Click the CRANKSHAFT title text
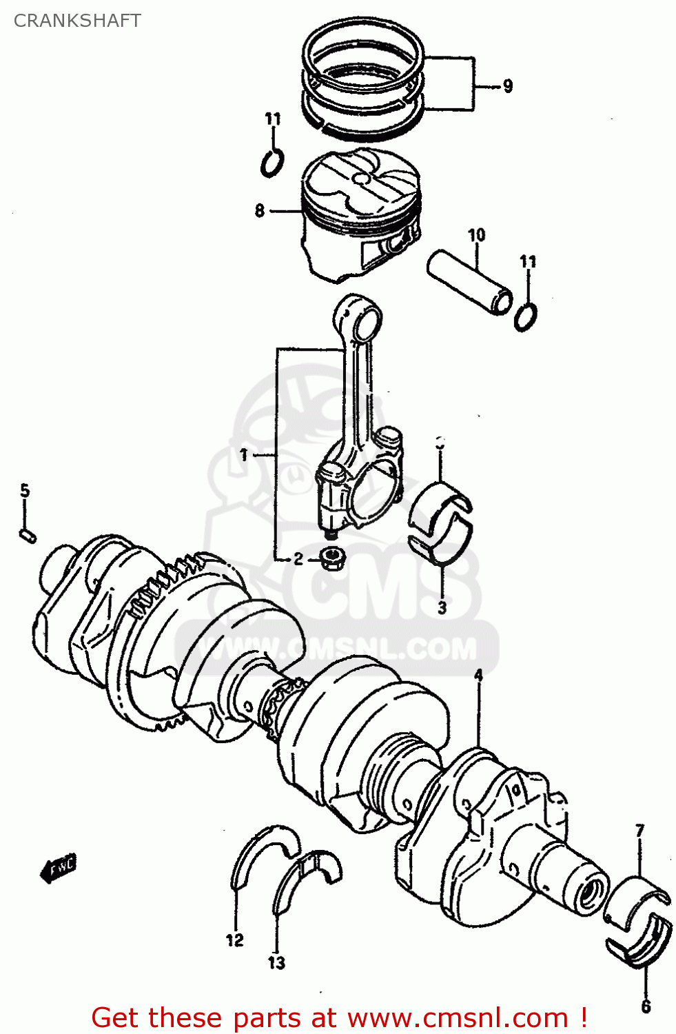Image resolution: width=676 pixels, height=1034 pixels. (x=77, y=21)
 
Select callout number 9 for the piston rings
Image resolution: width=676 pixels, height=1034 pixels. (x=507, y=86)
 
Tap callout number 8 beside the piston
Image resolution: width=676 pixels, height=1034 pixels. (x=259, y=210)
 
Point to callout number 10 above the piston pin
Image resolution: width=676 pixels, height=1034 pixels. (x=477, y=236)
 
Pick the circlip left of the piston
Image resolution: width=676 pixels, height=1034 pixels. (x=272, y=163)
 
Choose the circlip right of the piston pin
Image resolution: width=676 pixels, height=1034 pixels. (x=526, y=316)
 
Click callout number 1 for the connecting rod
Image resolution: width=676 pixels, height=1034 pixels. (x=244, y=455)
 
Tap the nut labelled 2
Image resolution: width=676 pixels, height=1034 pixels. (x=334, y=557)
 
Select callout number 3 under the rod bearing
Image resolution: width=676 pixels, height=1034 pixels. (x=442, y=607)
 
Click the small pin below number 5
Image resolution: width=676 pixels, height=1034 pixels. (x=27, y=535)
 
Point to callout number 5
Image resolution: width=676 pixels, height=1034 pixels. (x=25, y=491)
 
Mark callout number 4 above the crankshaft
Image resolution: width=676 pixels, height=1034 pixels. (x=478, y=676)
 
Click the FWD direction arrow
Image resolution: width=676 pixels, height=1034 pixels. (x=59, y=869)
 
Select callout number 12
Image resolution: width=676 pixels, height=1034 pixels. (x=235, y=940)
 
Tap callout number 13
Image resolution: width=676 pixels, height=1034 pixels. (x=276, y=962)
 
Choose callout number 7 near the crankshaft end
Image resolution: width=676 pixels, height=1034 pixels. (x=639, y=831)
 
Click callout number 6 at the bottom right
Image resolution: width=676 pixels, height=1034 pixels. (x=646, y=1006)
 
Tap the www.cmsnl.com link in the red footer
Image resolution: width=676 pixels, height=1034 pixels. (x=458, y=1017)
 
